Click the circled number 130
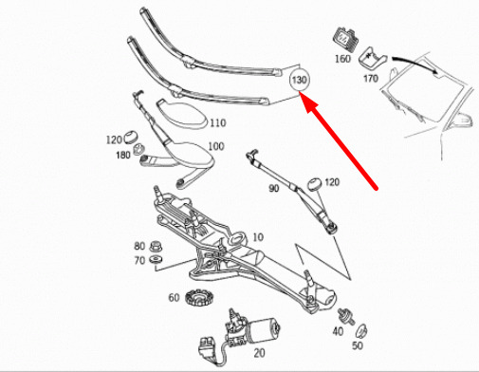pyautogui.click(x=299, y=80)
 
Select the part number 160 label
pyautogui.click(x=342, y=59)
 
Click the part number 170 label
pyautogui.click(x=371, y=78)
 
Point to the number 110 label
pyautogui.click(x=218, y=122)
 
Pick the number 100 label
pyautogui.click(x=216, y=146)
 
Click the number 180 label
pyautogui.click(x=123, y=155)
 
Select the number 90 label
pyautogui.click(x=274, y=189)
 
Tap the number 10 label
pyautogui.click(x=258, y=237)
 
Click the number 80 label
pyautogui.click(x=139, y=246)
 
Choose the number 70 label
pyautogui.click(x=139, y=260)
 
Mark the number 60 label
pyautogui.click(x=174, y=298)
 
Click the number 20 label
pyautogui.click(x=260, y=353)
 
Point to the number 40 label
pyautogui.click(x=338, y=331)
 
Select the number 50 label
pyautogui.click(x=358, y=345)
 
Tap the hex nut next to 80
pyautogui.click(x=155, y=247)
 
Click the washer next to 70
pyautogui.click(x=157, y=260)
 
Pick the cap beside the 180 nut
pyautogui.click(x=130, y=137)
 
